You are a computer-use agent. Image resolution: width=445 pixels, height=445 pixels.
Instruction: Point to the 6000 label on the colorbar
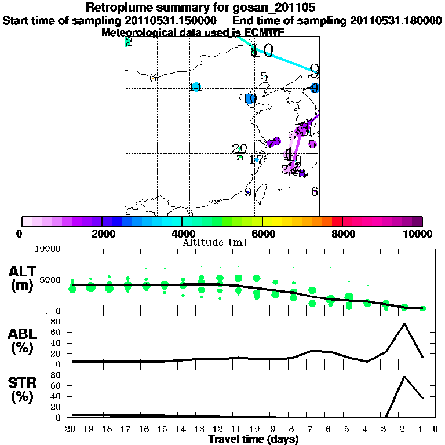tap(262, 234)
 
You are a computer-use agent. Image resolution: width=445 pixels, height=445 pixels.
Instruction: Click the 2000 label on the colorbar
tap(102, 234)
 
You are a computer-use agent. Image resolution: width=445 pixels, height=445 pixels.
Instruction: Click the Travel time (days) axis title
tap(253, 440)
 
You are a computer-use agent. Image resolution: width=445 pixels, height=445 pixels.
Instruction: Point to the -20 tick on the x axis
tap(70, 429)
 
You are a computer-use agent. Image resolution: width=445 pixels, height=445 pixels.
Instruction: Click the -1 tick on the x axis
tap(421, 429)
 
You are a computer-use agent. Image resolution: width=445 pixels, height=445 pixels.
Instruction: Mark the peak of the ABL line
tap(404, 324)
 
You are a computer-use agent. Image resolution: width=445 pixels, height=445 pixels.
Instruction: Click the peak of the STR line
tap(404, 377)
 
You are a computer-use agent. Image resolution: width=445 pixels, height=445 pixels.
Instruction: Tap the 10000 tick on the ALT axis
tap(49, 249)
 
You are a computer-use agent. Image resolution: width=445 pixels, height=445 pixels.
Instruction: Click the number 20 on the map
tap(239, 148)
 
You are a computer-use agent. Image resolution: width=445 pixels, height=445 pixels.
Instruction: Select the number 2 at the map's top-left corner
tap(129, 42)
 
